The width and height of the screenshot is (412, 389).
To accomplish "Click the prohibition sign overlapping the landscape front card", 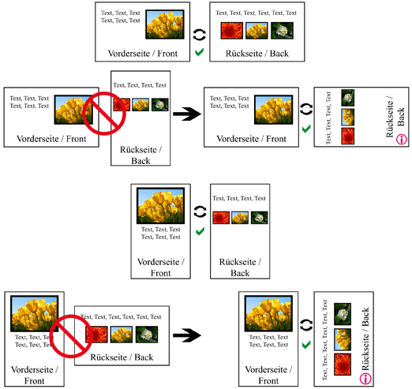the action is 104,114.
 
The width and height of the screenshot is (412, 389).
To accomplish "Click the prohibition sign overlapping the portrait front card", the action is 71,336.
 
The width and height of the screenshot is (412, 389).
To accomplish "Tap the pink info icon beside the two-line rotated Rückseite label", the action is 401,139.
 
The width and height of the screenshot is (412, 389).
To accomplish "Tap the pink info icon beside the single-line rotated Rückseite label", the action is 365,379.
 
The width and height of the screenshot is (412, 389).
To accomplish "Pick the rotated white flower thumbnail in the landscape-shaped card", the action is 347,98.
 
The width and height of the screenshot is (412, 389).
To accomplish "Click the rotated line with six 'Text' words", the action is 325,340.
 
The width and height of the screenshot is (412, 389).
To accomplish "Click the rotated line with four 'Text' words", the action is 328,118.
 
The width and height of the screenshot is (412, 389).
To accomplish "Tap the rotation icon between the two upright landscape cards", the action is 200,35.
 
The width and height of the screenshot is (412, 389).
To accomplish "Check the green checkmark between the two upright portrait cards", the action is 200,231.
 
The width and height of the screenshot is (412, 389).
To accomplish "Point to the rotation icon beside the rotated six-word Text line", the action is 306,325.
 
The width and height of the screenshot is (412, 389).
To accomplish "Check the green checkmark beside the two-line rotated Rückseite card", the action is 306,129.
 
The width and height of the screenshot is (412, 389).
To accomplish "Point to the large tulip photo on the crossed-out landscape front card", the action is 73,110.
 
